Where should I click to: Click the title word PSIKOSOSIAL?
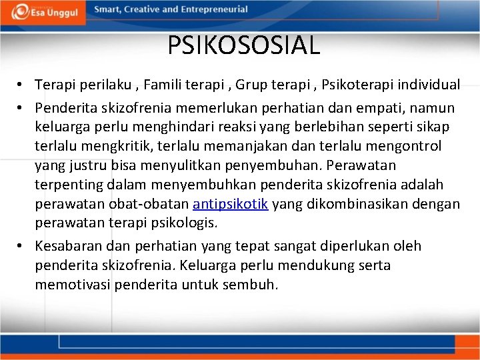click(x=243, y=45)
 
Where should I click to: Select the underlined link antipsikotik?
click(x=230, y=204)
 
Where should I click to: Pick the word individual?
click(x=431, y=85)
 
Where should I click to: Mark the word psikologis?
click(x=196, y=223)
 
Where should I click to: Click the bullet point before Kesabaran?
click(x=22, y=246)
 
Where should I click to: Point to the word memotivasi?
click(x=73, y=285)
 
